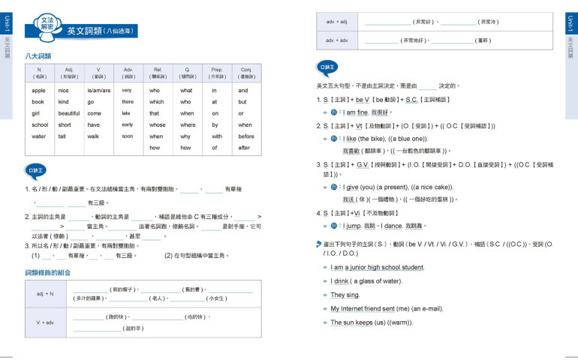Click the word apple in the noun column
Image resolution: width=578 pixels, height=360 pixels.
click(x=38, y=91)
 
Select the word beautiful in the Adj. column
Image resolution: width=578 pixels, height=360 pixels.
click(x=69, y=113)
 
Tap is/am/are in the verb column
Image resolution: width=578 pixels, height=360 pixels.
click(x=98, y=91)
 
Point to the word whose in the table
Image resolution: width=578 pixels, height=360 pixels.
click(x=158, y=124)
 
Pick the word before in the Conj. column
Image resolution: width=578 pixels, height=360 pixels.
click(x=246, y=136)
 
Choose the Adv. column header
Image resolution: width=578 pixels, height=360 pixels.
click(x=128, y=73)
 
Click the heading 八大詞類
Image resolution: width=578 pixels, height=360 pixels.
click(x=38, y=56)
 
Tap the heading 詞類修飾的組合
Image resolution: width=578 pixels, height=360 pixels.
click(x=48, y=272)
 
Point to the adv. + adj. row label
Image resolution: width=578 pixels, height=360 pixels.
click(x=337, y=22)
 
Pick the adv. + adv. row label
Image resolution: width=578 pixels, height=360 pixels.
click(x=337, y=40)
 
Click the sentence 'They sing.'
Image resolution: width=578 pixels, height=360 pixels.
click(x=345, y=295)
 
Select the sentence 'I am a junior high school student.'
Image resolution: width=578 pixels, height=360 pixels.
click(x=378, y=267)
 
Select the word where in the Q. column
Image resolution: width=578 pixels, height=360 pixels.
click(x=188, y=124)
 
